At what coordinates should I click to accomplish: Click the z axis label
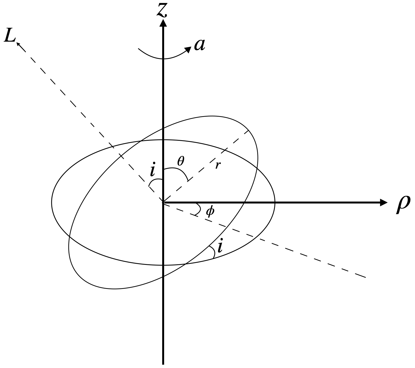pos(162,11)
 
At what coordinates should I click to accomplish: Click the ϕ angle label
pos(210,212)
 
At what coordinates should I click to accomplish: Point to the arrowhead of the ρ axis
pos(384,203)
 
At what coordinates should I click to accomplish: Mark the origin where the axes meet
pos(163,203)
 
